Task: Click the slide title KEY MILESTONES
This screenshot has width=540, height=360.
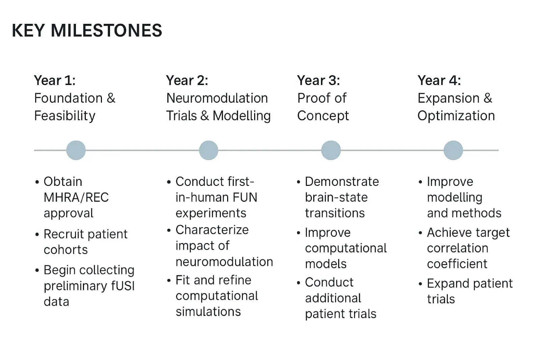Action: point(87,30)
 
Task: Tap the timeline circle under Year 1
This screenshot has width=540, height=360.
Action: point(76,150)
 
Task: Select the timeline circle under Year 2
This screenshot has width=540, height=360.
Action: point(209,150)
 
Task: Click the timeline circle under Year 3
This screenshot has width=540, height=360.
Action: point(331,150)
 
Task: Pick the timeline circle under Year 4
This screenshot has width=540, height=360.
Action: point(453,150)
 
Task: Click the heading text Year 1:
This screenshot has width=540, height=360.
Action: point(55,81)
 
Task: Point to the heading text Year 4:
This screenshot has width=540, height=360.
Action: point(439,81)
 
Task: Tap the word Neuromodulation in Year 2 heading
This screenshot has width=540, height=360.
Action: point(217,98)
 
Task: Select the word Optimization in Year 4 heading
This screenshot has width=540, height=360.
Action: point(456,116)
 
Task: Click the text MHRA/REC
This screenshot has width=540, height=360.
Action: point(76,197)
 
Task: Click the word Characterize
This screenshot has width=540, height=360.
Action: point(212,230)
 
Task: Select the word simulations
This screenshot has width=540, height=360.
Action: point(208,311)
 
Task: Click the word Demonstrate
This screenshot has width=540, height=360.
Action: point(342,182)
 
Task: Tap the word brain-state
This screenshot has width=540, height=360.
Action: point(336,197)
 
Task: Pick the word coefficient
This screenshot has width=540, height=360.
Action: point(457,264)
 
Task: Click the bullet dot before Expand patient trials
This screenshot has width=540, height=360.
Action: point(420,284)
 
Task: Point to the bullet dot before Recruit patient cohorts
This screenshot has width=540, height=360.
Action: point(37,234)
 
